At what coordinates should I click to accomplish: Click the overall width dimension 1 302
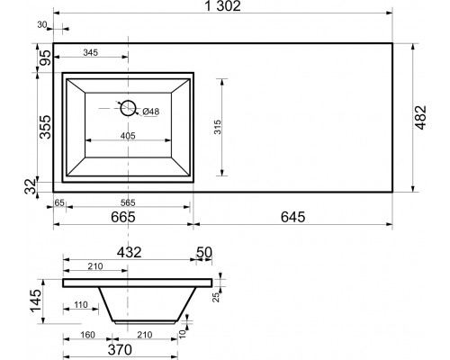(222, 6)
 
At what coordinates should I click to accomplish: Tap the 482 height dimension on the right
(420, 118)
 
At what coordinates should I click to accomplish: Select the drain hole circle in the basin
(128, 108)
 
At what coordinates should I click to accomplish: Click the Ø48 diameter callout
(151, 112)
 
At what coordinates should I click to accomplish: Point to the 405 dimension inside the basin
(128, 136)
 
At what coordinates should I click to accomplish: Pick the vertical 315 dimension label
(218, 127)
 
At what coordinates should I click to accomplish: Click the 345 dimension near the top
(90, 52)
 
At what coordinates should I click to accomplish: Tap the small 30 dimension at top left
(42, 25)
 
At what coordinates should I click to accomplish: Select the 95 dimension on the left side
(46, 58)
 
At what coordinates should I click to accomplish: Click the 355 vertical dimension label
(46, 127)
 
